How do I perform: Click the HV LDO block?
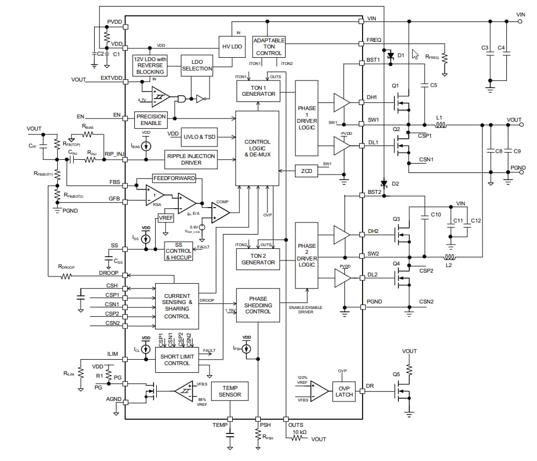(x=232, y=47)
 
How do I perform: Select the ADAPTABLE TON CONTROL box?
(x=269, y=47)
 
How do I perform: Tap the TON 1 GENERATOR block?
(x=258, y=90)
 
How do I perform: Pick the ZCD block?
(x=306, y=171)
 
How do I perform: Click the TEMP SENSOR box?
(x=230, y=391)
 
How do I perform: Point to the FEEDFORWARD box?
(x=174, y=179)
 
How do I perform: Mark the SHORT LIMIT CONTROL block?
(x=177, y=360)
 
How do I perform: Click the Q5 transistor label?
(x=397, y=374)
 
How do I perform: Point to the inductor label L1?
(x=439, y=118)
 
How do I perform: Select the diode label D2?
(x=395, y=183)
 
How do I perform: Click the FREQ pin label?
(x=374, y=40)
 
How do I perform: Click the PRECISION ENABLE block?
(x=151, y=120)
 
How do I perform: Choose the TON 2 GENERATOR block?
(x=258, y=259)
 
